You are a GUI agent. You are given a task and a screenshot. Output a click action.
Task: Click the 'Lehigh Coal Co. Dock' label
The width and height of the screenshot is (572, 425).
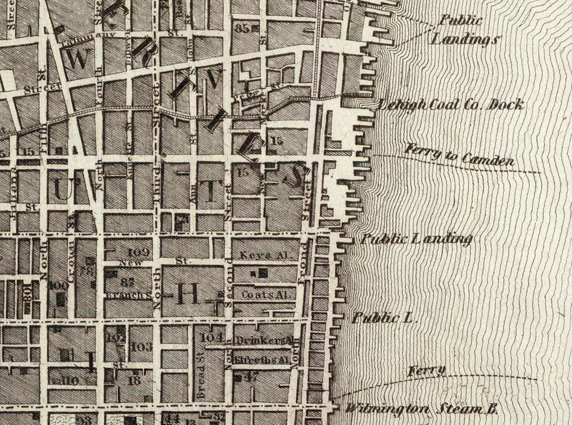pyautogui.click(x=450, y=105)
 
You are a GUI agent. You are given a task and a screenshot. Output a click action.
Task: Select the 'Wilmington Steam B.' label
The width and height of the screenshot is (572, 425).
pyautogui.click(x=421, y=410)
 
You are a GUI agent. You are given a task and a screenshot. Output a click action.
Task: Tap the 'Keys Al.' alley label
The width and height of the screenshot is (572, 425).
pyautogui.click(x=265, y=256)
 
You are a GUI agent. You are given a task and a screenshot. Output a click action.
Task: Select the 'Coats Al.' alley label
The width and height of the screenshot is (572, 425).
pyautogui.click(x=266, y=295)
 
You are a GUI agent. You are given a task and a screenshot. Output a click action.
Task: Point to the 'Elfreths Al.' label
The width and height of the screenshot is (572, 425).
pyautogui.click(x=262, y=359)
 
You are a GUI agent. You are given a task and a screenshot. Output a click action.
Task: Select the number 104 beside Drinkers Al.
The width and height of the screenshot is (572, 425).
pyautogui.click(x=212, y=338)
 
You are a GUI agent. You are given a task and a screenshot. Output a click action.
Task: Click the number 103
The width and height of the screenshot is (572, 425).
pyautogui.click(x=141, y=347)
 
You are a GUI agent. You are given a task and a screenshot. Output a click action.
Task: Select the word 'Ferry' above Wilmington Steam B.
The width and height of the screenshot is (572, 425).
pyautogui.click(x=427, y=371)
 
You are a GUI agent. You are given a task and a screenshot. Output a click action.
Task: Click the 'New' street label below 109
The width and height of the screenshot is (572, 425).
pyautogui.click(x=131, y=263)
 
